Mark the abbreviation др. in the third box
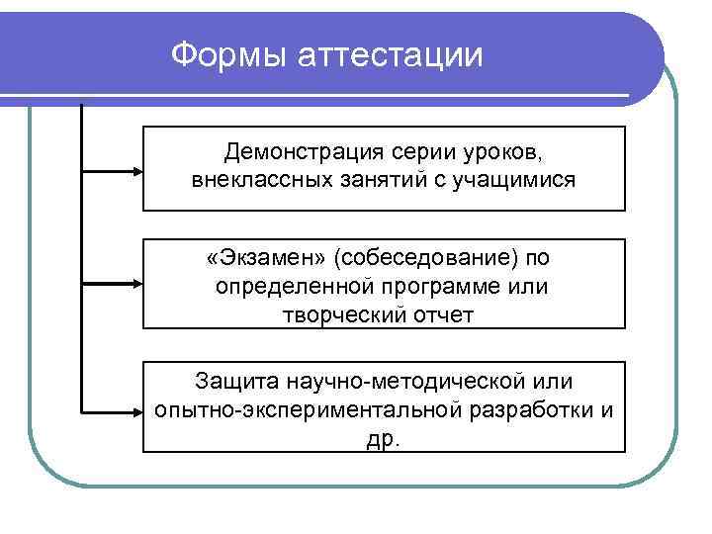click(384, 439)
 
